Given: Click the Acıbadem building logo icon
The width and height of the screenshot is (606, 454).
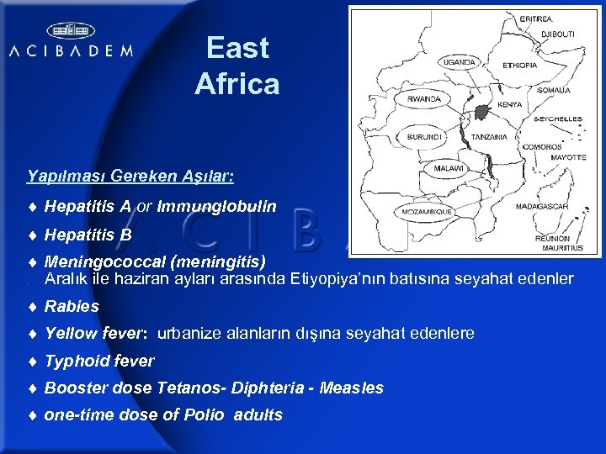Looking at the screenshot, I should pos(70,31).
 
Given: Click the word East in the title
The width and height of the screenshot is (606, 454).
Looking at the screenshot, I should pos(237,48).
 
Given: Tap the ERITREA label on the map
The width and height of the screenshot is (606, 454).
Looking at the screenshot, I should pos(536,18).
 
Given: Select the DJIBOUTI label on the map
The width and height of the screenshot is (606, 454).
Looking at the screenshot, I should pos(557,32).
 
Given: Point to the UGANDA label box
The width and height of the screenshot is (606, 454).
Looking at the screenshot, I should pos(459,62).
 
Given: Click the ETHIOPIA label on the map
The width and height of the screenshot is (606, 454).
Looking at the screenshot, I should pos(519,65).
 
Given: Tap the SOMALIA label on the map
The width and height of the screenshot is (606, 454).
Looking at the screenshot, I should pos(553,90).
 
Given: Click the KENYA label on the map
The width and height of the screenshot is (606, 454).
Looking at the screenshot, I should pos(509,105).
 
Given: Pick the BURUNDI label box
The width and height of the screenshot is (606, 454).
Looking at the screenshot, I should pos(423,135).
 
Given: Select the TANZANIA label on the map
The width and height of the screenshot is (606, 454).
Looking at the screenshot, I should pos(489,136).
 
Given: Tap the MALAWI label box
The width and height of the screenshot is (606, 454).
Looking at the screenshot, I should pos(449,168).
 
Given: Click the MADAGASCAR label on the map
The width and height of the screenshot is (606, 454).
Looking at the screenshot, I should pos(541,206).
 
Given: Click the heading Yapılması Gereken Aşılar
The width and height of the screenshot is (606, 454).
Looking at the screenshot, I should pos(130,177).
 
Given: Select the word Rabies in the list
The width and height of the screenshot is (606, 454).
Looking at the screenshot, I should pos(72,306).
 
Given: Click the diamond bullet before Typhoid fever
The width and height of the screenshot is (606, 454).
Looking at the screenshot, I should pos(31,362).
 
